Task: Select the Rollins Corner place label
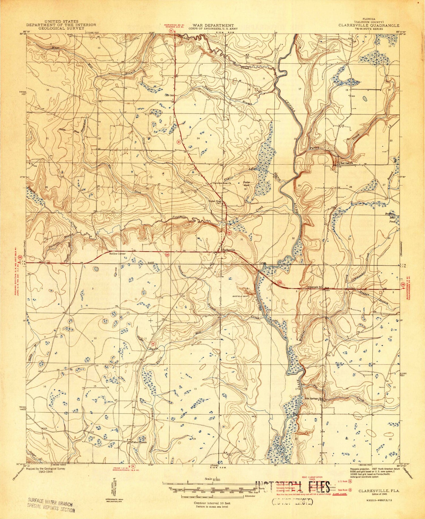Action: (x=118, y=254)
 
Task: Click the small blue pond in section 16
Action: (x=365, y=99)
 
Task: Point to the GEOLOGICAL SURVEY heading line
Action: (x=61, y=28)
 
